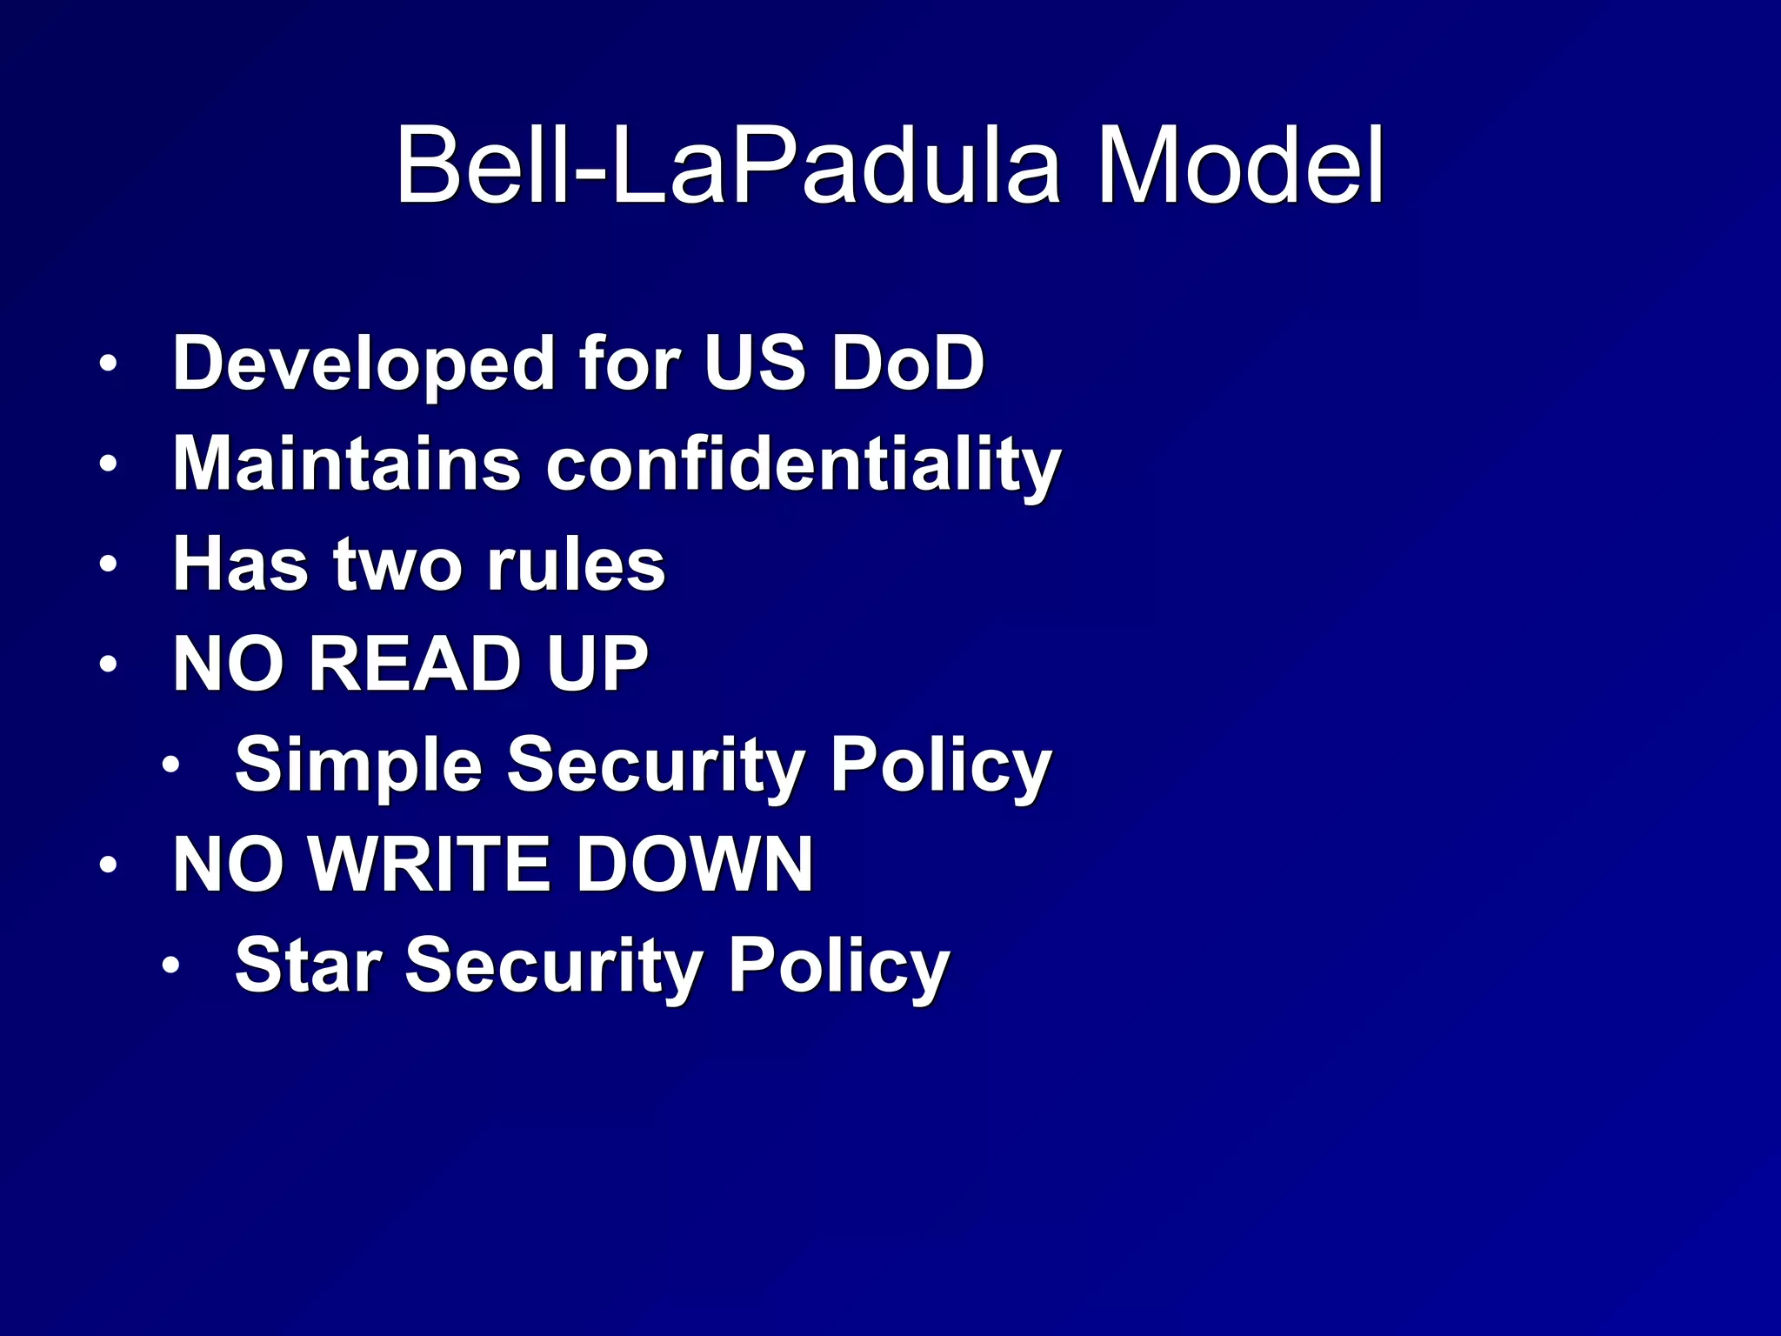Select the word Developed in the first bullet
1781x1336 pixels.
coord(364,364)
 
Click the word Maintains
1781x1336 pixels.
coord(346,464)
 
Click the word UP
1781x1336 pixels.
coord(597,664)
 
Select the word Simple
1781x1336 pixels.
coord(357,765)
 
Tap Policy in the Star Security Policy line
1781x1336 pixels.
coord(838,966)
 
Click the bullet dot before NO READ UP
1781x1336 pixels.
coord(108,665)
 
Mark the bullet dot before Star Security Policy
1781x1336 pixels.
coord(171,965)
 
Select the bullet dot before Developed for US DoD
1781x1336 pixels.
coord(108,364)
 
